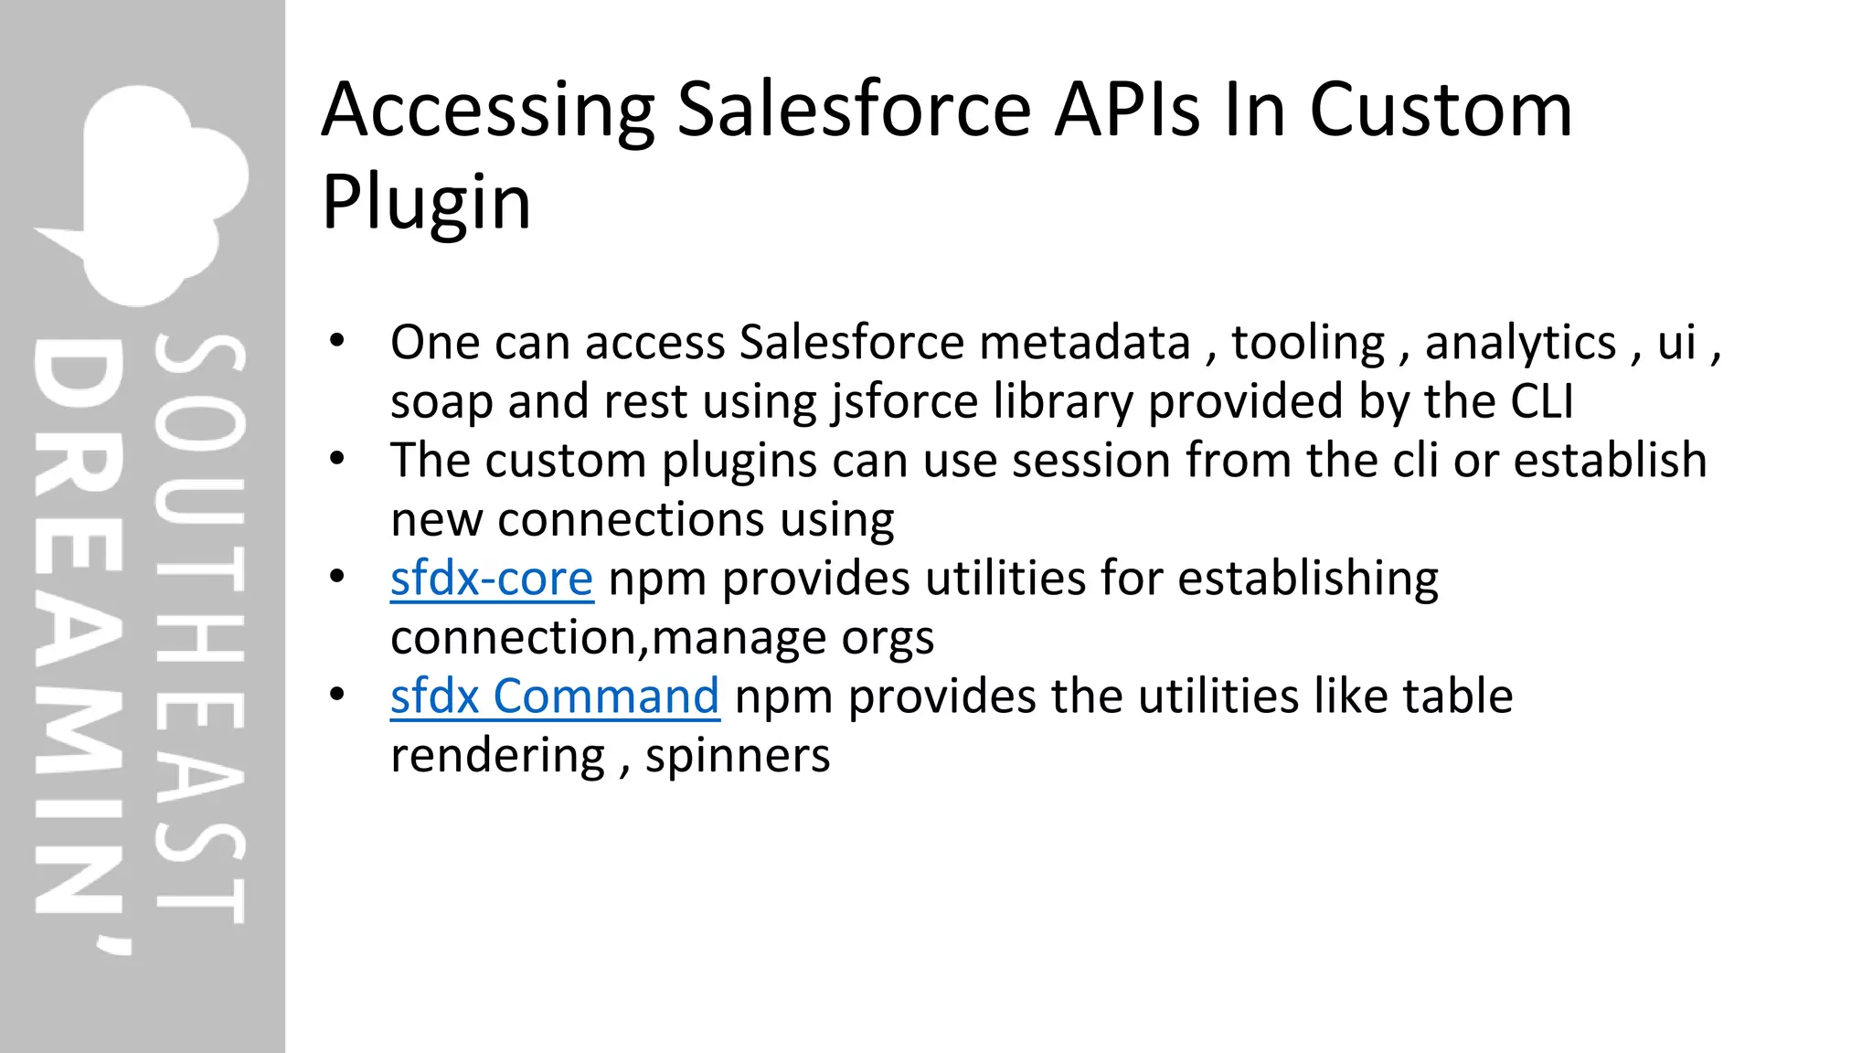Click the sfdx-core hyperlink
click(x=492, y=579)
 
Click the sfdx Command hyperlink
click(x=555, y=697)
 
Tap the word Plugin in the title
click(x=426, y=202)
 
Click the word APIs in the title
click(x=1126, y=110)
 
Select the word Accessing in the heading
click(x=488, y=110)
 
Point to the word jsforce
click(x=905, y=401)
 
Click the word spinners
click(x=738, y=756)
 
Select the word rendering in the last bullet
click(x=497, y=756)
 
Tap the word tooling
click(x=1308, y=343)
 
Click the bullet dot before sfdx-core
click(x=337, y=577)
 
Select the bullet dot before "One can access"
click(x=337, y=341)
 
